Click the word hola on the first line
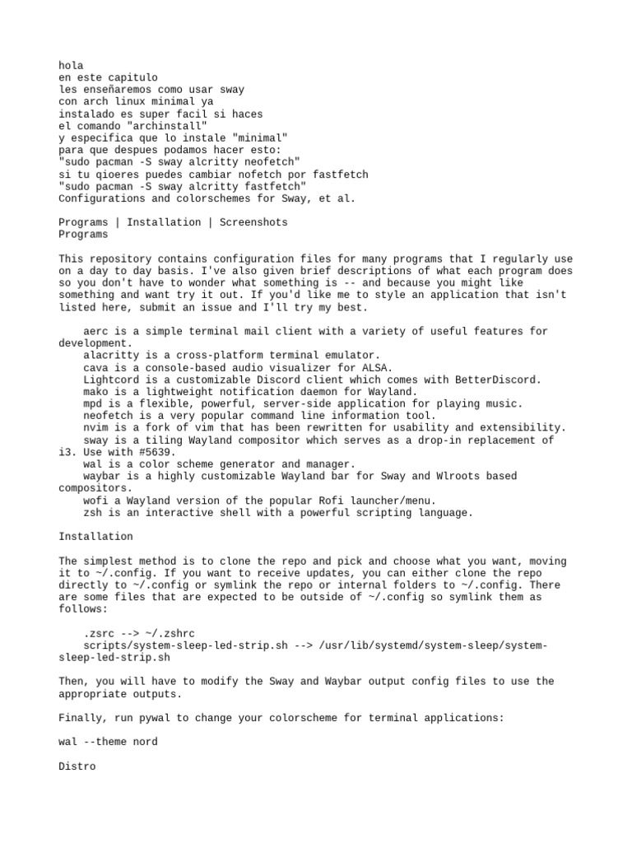(x=71, y=65)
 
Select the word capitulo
(x=132, y=77)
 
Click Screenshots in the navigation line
(x=253, y=222)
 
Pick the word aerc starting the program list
(x=95, y=331)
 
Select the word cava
(x=95, y=367)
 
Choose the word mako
(x=95, y=392)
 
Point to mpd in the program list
(x=92, y=404)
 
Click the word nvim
(x=95, y=428)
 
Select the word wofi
(x=95, y=501)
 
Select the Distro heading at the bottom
(x=77, y=766)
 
